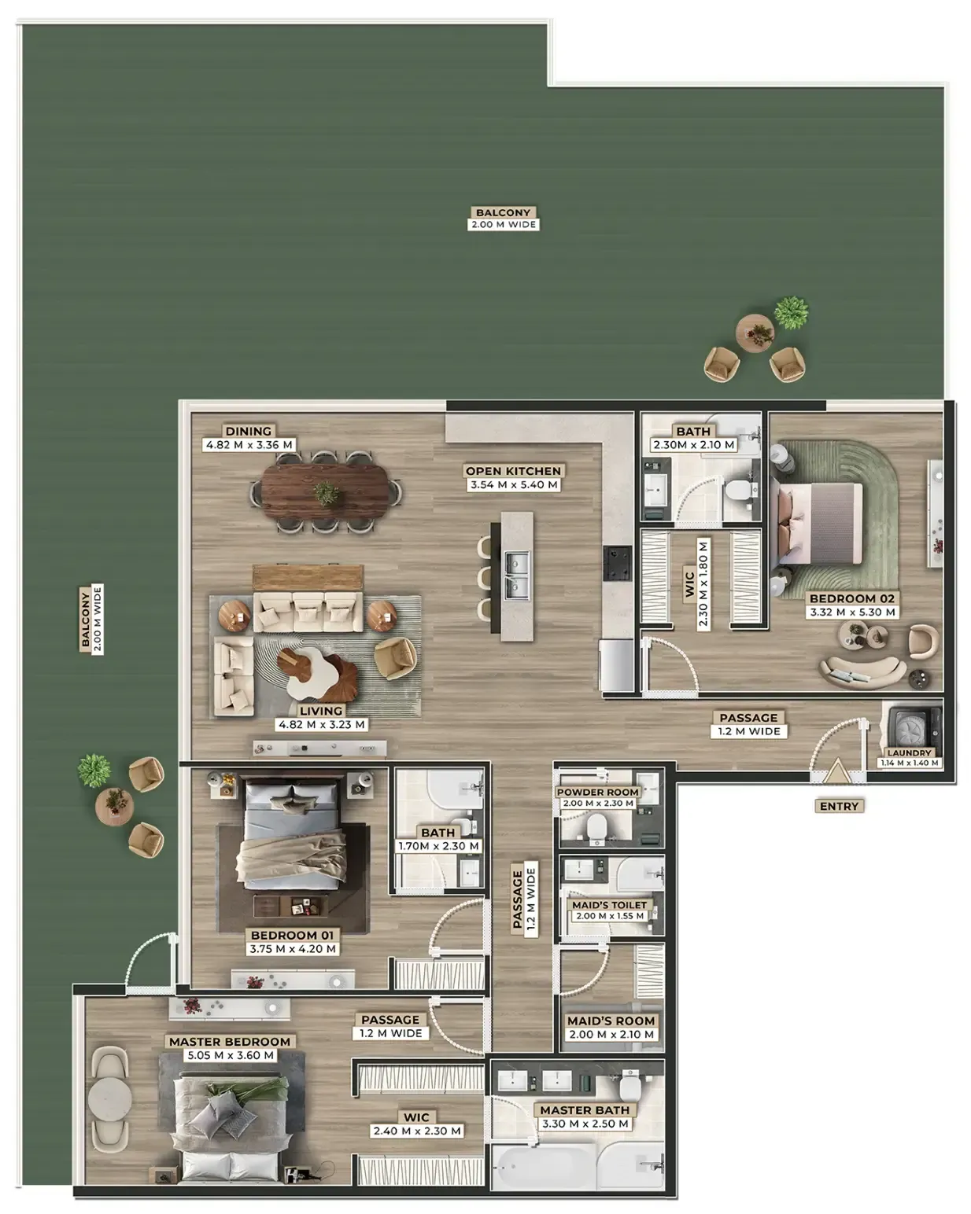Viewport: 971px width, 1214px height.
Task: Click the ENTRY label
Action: [x=838, y=806]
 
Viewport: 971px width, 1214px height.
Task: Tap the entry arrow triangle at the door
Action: [x=836, y=771]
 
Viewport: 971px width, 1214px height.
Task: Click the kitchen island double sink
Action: [x=516, y=576]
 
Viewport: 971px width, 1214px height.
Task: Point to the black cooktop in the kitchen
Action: [x=618, y=563]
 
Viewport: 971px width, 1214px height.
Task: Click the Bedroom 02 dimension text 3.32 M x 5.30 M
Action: [x=852, y=612]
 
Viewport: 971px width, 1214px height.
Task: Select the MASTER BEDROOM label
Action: [x=229, y=1042]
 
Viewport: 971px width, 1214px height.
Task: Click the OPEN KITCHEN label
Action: [x=513, y=471]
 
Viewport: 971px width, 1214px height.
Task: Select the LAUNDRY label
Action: [x=909, y=753]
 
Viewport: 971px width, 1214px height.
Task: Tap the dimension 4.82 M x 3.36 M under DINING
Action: [x=249, y=445]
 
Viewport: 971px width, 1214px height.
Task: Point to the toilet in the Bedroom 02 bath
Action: [x=737, y=490]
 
